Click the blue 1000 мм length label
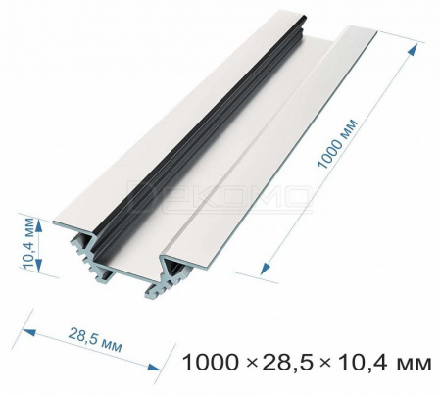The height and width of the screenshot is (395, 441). tap(338, 144)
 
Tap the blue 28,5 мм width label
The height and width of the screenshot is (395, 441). tap(95, 341)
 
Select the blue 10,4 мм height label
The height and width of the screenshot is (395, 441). tap(28, 243)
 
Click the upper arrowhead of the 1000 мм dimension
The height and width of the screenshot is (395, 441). tap(413, 51)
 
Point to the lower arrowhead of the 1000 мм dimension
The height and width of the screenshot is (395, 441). tap(266, 270)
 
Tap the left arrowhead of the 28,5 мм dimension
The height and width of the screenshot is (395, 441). tap(28, 333)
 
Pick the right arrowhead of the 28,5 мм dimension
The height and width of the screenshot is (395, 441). tap(154, 367)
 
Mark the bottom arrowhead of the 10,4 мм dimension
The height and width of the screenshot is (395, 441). tap(39, 265)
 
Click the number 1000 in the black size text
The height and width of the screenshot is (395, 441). tap(209, 363)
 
